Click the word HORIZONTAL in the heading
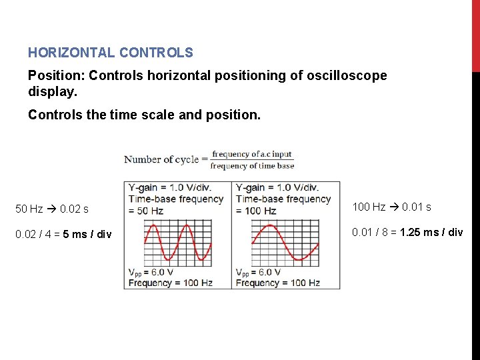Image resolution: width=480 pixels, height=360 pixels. pyautogui.click(x=68, y=52)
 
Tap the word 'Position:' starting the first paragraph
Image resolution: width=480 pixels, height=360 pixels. pyautogui.click(x=56, y=75)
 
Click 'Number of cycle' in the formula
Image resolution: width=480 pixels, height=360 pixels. pyautogui.click(x=161, y=159)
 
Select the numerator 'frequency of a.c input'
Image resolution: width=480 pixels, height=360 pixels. pyautogui.click(x=252, y=154)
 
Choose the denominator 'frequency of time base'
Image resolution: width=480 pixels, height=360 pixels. pyautogui.click(x=252, y=165)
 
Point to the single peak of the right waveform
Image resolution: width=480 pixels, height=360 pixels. pyautogui.click(x=270, y=227)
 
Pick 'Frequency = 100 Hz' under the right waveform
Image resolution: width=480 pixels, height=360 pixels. pyautogui.click(x=277, y=283)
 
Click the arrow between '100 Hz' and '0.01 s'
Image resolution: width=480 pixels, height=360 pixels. pyautogui.click(x=393, y=207)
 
